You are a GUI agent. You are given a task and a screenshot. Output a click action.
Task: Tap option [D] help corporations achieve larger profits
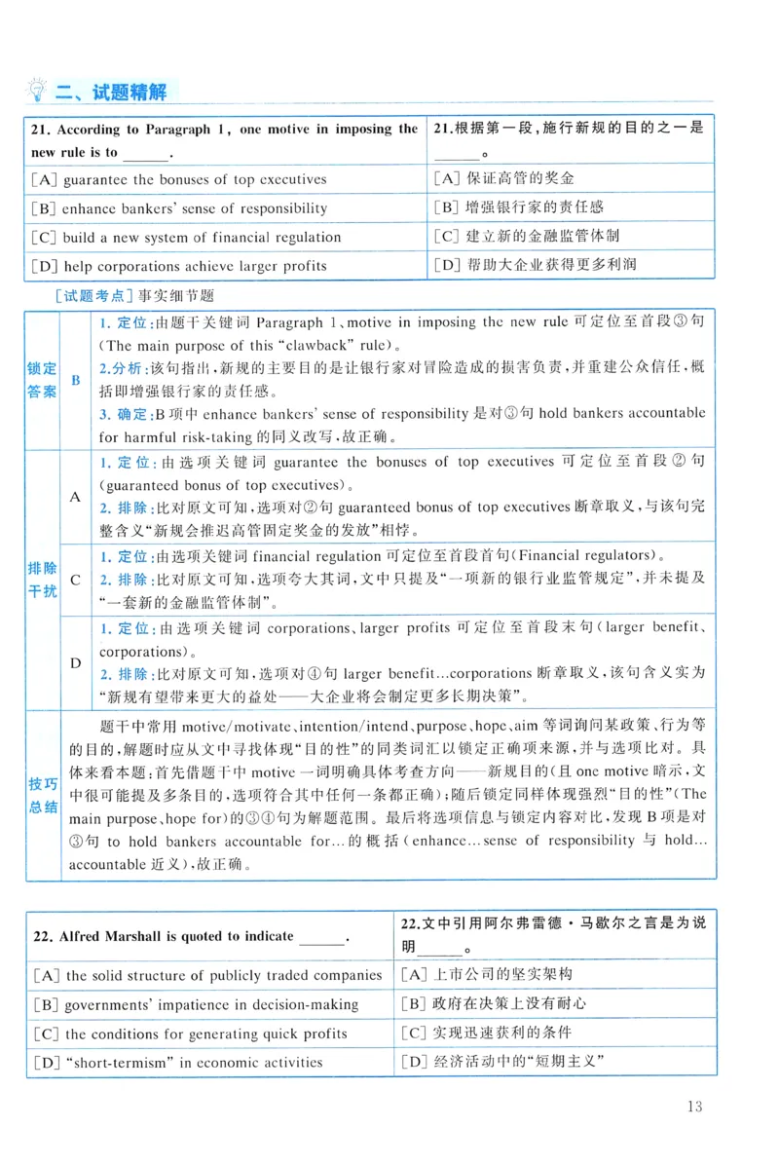179,265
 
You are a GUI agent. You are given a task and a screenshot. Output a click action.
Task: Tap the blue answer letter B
76,380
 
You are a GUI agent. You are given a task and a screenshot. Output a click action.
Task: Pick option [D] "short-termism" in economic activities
177,1062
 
